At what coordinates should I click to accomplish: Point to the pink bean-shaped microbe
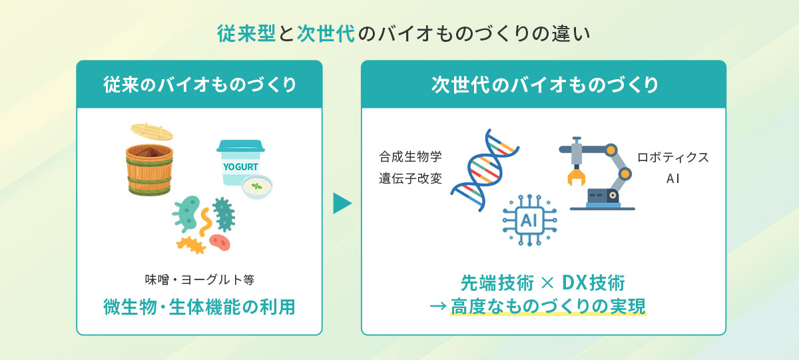click(219, 242)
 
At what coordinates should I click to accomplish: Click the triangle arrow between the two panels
click(342, 204)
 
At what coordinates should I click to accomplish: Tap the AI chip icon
click(529, 220)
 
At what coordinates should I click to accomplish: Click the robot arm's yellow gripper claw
click(575, 176)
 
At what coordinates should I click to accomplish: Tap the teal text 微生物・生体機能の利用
click(199, 307)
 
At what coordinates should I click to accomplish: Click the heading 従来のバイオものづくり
click(199, 85)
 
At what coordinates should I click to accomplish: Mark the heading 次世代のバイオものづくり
click(544, 85)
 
